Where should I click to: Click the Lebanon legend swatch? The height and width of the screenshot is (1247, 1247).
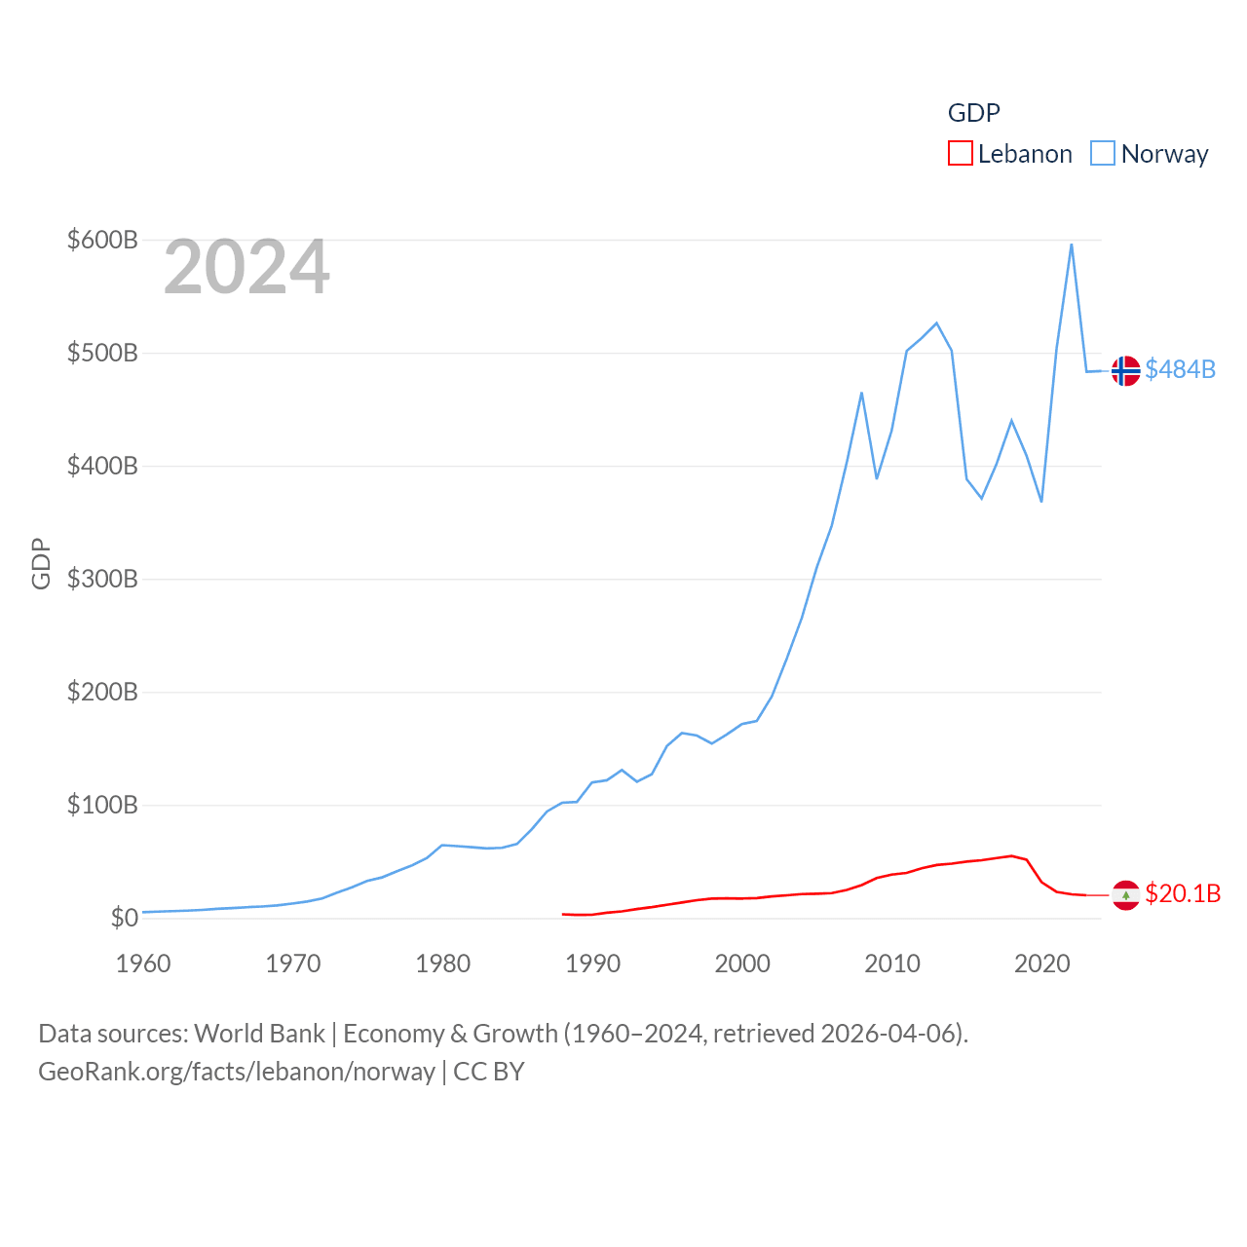tap(961, 153)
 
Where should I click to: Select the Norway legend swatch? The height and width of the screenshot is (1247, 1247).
tap(1103, 153)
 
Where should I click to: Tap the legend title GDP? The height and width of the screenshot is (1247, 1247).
tap(974, 113)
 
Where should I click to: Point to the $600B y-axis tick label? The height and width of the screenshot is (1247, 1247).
tap(102, 240)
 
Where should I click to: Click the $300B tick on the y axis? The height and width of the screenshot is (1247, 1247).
tap(102, 579)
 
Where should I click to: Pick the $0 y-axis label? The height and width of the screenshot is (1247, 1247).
tap(125, 918)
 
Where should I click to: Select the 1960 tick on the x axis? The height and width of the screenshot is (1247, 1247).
tap(143, 964)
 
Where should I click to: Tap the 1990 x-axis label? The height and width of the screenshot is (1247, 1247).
tap(592, 964)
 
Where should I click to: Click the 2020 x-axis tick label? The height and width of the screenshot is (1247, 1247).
tap(1042, 964)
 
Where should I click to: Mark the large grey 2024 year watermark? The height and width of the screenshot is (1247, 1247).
tap(246, 267)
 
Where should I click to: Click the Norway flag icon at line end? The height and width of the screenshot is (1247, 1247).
tap(1126, 370)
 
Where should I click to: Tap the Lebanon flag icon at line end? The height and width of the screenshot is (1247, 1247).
tap(1126, 894)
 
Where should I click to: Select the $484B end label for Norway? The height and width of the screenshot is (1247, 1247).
tap(1181, 369)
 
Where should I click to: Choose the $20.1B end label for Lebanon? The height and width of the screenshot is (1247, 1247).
tap(1183, 893)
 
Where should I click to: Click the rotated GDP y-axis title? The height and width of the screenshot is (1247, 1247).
tap(41, 563)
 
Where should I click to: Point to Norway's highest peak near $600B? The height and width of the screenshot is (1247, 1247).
tap(1072, 245)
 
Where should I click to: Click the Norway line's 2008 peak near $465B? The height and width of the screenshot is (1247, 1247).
tap(861, 393)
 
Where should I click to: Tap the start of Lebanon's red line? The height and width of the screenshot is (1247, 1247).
tap(563, 914)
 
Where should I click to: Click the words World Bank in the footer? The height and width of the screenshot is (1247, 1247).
tap(260, 1033)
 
